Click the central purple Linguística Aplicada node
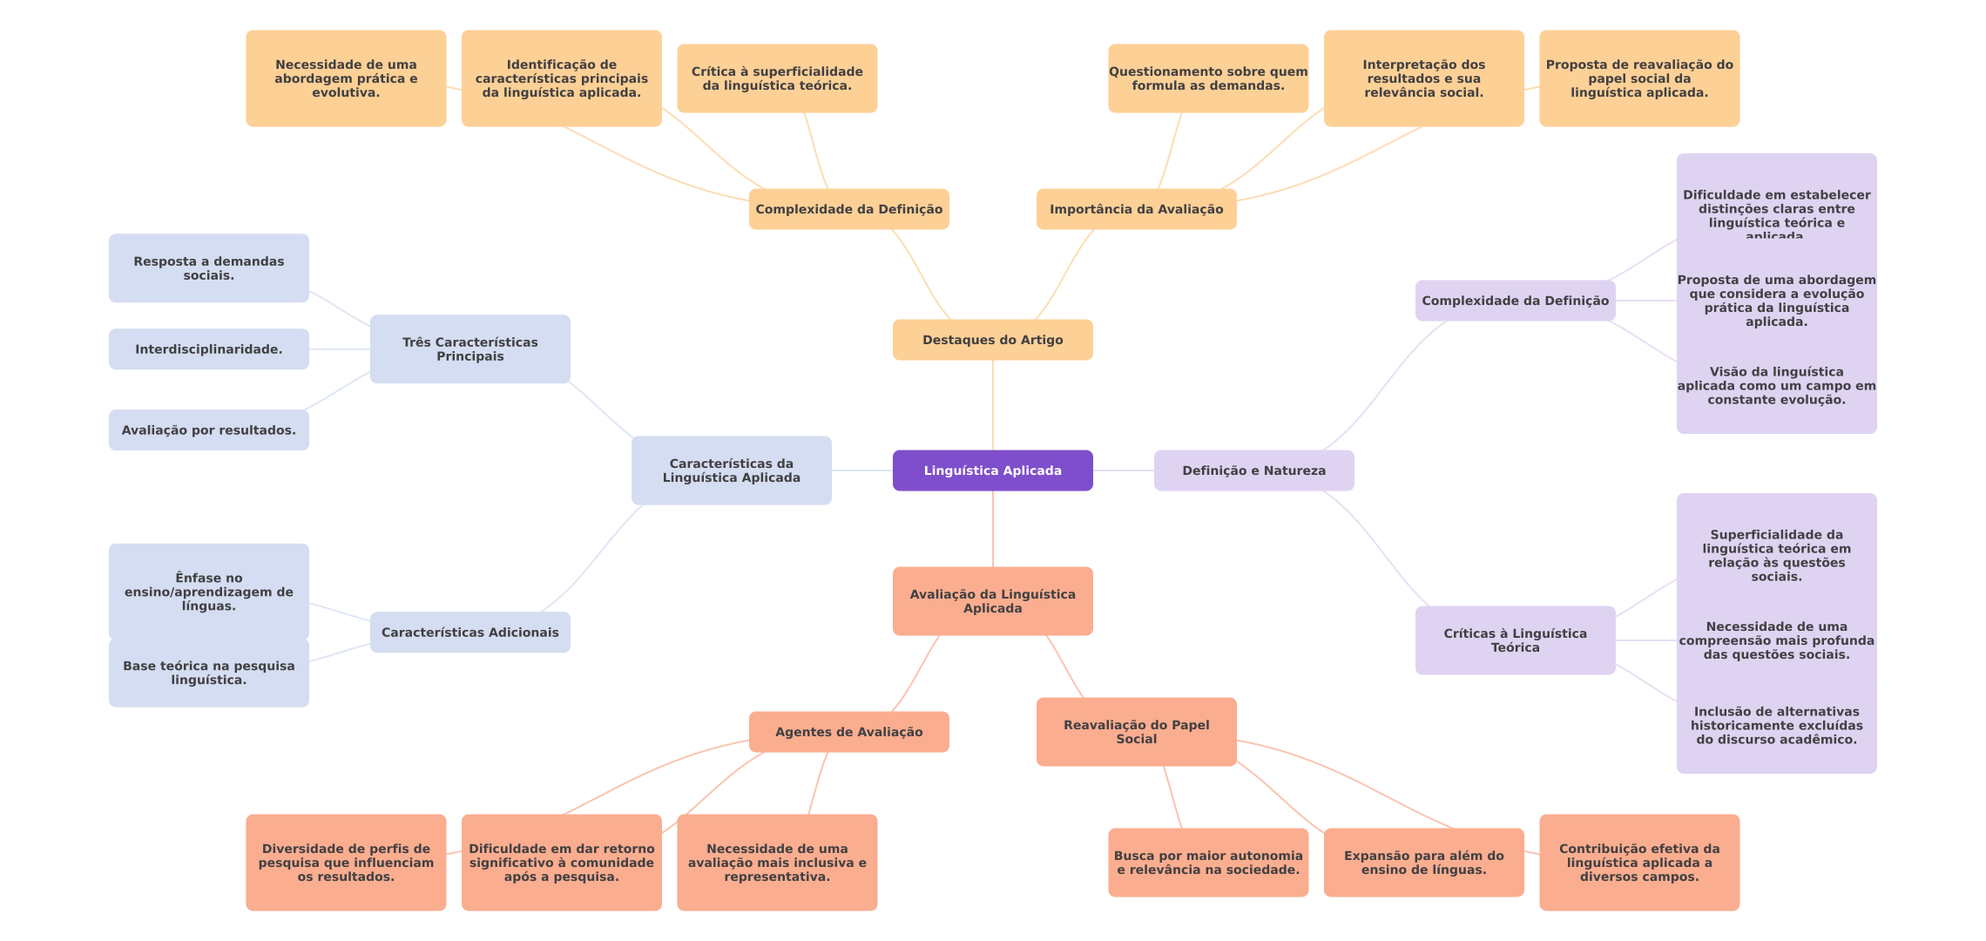992,470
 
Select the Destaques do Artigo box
992,340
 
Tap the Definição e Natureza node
1253,470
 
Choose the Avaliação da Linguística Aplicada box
992,601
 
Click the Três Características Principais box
469,349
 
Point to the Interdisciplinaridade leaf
208,349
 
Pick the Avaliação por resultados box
208,430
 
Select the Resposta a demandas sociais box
208,268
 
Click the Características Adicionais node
469,633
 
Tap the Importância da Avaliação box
1136,209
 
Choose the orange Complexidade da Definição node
848,209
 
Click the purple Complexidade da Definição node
1515,301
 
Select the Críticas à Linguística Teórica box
1515,640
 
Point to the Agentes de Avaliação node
848,732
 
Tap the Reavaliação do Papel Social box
1136,732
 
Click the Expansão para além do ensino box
1423,863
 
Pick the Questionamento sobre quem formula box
1207,78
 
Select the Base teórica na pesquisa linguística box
208,673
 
